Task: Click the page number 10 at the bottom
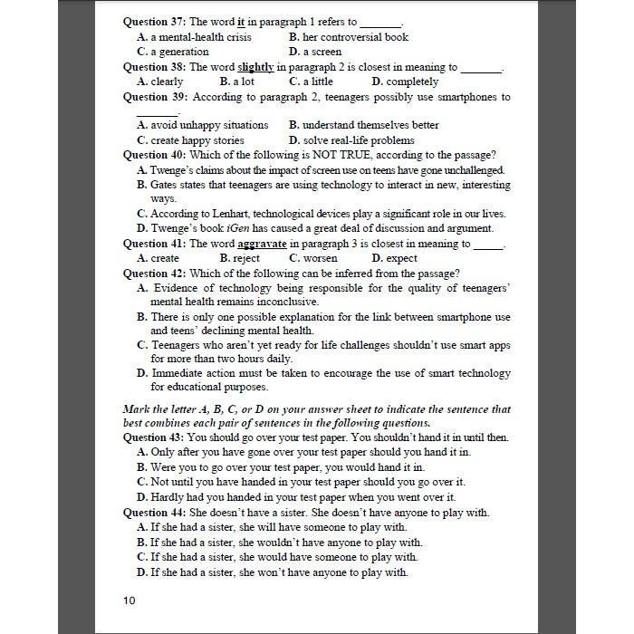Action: click(130, 600)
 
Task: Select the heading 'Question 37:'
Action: click(155, 22)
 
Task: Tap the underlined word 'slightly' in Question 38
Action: click(255, 67)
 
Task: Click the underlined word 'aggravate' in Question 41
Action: click(262, 244)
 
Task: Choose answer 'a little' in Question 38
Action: click(314, 82)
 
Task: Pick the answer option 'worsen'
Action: click(319, 258)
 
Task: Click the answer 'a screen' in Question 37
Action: click(325, 52)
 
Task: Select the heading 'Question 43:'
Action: click(155, 437)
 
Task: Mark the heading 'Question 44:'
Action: click(155, 513)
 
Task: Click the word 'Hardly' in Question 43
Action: click(168, 497)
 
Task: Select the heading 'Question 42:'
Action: click(155, 274)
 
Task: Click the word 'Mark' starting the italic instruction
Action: click(137, 408)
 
